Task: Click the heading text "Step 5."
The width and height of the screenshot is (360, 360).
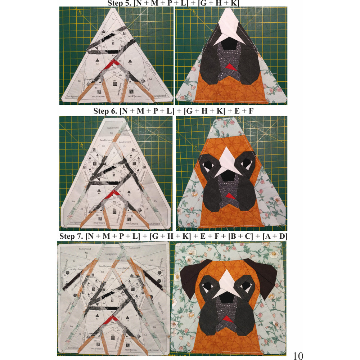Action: (x=120, y=3)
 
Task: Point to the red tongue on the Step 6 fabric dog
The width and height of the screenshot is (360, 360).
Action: (x=227, y=195)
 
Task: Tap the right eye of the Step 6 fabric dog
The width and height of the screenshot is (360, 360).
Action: (x=248, y=164)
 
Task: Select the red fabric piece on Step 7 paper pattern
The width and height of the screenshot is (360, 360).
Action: (x=109, y=319)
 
